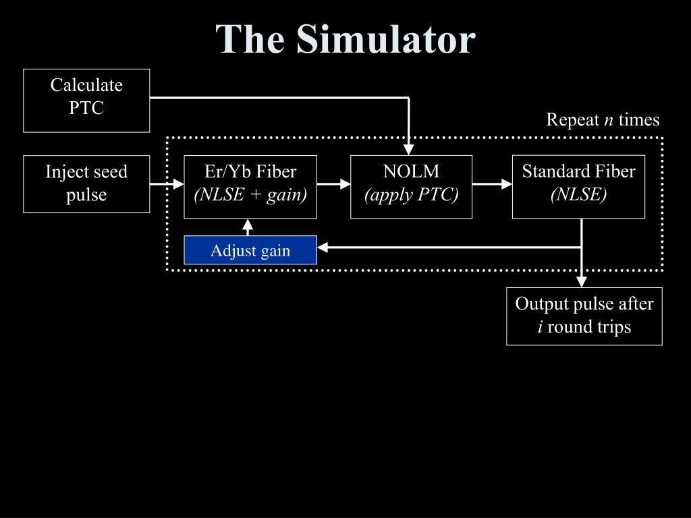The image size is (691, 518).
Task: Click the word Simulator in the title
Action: coord(386,39)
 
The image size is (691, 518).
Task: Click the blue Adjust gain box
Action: coord(250,250)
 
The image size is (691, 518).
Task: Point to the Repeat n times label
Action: coord(603,120)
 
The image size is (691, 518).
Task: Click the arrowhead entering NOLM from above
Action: coord(409,149)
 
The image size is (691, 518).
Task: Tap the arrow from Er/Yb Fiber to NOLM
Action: coord(333,183)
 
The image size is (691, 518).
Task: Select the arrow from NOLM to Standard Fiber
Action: coord(492,183)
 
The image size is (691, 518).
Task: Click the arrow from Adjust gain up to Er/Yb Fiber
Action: coord(248,227)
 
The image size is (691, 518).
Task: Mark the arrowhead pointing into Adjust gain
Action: coord(323,248)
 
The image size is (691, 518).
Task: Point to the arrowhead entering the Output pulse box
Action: coord(582,282)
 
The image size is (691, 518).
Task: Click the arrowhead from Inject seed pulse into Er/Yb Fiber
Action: coord(178,183)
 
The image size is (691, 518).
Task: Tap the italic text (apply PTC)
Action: coord(412,195)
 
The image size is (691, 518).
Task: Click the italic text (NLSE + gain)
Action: coord(250,195)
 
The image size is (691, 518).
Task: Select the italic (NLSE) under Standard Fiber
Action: coord(578,195)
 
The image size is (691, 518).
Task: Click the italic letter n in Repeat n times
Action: coord(609,121)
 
